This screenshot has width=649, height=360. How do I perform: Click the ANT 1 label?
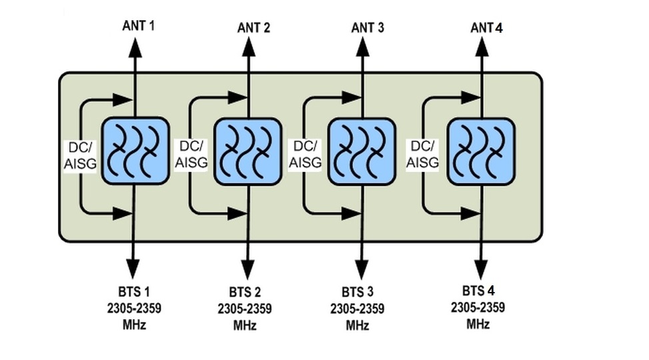139,26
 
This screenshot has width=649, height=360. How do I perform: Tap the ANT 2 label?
253,27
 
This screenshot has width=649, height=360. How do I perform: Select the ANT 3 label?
367,27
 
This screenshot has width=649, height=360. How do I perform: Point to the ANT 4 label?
486,27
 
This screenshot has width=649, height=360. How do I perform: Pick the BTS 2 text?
245,293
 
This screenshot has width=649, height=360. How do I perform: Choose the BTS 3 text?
357,293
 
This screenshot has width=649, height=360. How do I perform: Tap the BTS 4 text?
478,291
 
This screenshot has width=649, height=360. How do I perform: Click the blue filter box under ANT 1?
134,151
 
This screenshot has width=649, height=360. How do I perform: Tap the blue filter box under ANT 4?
480,151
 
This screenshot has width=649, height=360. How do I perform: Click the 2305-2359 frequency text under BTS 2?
245,309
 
